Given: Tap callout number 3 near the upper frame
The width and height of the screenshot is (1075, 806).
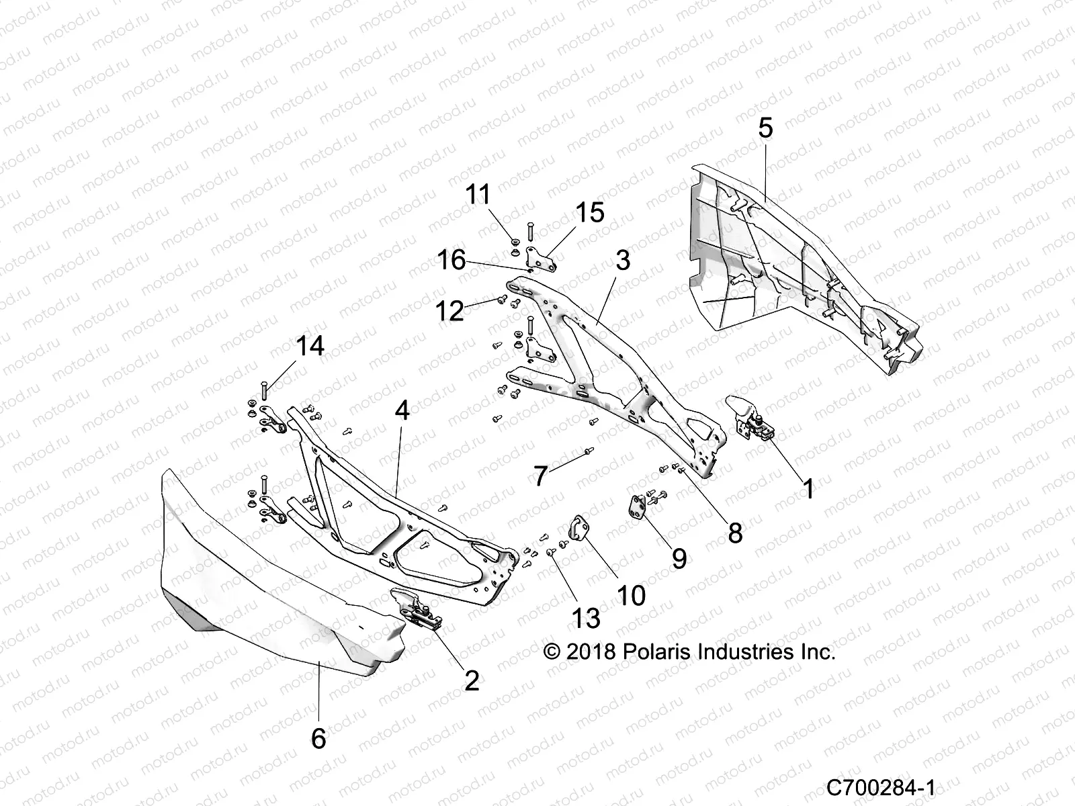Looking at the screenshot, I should coord(623,260).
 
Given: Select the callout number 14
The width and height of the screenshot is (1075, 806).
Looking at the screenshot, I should coord(310,347).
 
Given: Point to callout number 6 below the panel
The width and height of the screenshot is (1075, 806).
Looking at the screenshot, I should coord(318,739).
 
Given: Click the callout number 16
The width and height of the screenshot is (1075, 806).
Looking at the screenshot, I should coord(451,259).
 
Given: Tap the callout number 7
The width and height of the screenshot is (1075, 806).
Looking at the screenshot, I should coord(541,476).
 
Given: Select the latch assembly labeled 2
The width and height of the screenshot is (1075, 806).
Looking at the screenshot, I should coord(417,608).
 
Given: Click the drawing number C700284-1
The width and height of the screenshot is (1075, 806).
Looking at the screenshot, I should coord(881,787).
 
